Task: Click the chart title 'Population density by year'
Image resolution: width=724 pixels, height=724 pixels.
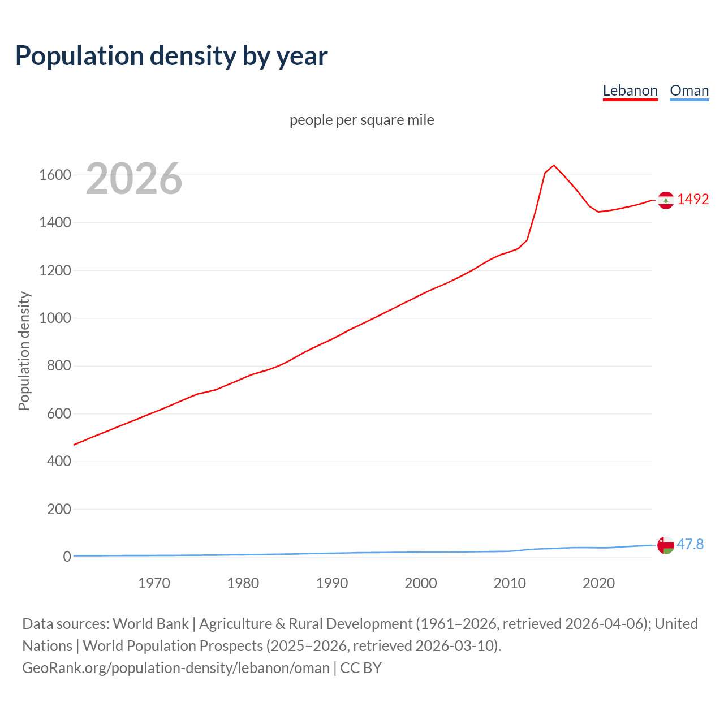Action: (x=171, y=56)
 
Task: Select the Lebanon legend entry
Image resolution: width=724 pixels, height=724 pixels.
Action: (x=630, y=90)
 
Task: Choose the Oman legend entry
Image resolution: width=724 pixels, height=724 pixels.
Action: (x=689, y=90)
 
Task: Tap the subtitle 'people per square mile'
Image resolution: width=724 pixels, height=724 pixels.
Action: (x=362, y=120)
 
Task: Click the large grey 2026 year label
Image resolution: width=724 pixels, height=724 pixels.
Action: (x=134, y=179)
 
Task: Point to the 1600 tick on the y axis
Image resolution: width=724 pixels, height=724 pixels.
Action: (x=55, y=175)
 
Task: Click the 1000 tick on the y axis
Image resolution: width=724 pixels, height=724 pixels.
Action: (x=55, y=318)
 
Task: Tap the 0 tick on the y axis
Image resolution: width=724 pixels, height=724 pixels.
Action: (x=67, y=557)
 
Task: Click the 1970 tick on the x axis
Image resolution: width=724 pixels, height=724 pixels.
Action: (x=154, y=583)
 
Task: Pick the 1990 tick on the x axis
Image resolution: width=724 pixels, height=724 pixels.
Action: (x=332, y=583)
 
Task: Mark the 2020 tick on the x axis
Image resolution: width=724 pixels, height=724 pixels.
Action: (x=598, y=583)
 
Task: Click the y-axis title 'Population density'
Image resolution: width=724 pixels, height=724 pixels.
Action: (x=24, y=351)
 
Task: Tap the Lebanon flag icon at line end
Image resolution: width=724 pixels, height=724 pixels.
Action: (x=666, y=200)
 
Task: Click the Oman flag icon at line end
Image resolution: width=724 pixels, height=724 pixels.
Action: (x=666, y=545)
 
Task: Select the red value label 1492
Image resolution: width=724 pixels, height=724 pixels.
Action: (x=693, y=199)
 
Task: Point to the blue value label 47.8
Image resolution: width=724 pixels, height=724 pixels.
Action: (x=690, y=544)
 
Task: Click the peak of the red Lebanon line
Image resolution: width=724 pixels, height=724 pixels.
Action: (x=554, y=165)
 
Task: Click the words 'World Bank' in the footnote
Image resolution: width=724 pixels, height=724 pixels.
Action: (x=150, y=623)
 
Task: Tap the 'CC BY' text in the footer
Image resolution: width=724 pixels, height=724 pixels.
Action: (x=361, y=667)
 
